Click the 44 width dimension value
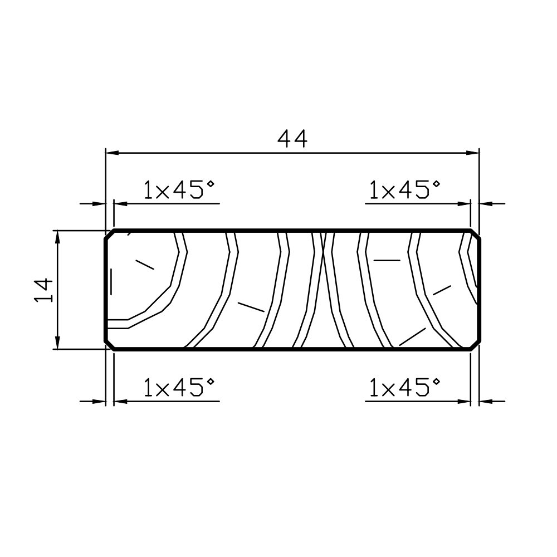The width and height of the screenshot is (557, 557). (292, 139)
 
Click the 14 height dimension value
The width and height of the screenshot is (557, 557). (44, 290)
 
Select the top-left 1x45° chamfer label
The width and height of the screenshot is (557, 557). (178, 190)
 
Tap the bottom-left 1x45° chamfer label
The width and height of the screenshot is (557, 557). (178, 387)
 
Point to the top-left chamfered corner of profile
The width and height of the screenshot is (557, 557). (110, 234)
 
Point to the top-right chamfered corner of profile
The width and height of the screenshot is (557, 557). (475, 234)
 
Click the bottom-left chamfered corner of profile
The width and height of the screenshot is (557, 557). (110, 345)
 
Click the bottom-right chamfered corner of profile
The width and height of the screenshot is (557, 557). (475, 345)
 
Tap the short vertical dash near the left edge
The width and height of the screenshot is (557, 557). (112, 281)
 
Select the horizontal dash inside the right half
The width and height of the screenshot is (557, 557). (387, 260)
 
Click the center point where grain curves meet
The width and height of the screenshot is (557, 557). (323, 251)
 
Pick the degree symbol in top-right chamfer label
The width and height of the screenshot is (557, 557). (436, 184)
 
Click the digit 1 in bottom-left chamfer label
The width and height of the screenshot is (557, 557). (148, 387)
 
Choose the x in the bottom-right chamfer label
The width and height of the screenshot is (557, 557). (385, 389)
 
